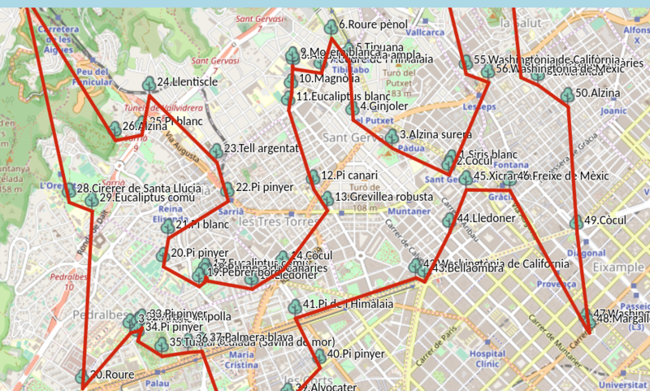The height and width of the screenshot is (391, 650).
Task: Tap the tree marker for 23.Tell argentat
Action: tap(216, 150)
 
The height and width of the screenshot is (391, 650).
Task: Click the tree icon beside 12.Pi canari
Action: tap(313, 177)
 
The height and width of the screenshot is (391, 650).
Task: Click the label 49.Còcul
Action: tap(603, 220)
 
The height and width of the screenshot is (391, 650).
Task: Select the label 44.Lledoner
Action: tap(486, 219)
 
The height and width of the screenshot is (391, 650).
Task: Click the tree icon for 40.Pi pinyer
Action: tap(320, 355)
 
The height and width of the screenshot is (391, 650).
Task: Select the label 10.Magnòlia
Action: tap(329, 79)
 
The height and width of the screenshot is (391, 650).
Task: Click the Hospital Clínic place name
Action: tap(487, 358)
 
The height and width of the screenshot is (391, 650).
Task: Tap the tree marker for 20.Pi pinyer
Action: tap(162, 255)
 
